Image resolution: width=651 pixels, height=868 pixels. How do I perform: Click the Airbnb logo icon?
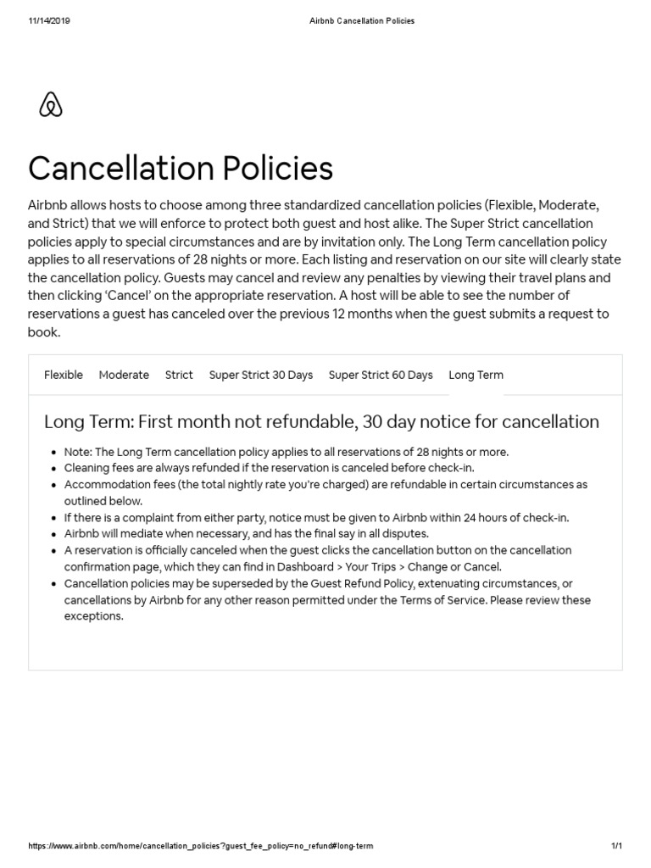(x=51, y=105)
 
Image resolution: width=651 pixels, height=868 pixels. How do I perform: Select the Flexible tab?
(x=64, y=375)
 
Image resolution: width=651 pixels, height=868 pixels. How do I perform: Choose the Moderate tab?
(x=124, y=375)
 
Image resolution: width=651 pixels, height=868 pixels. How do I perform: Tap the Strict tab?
(x=179, y=375)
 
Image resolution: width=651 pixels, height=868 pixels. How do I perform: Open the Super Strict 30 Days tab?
(x=261, y=375)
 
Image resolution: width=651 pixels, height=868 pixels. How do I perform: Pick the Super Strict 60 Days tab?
(x=381, y=375)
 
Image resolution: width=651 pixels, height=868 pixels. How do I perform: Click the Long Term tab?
(x=476, y=375)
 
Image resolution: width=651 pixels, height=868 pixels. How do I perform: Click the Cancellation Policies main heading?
(x=181, y=168)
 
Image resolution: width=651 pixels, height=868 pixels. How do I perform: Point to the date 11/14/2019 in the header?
(x=49, y=21)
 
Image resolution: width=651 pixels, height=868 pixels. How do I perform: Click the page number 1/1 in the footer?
(x=616, y=846)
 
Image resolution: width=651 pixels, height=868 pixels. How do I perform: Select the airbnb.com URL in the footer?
(x=200, y=846)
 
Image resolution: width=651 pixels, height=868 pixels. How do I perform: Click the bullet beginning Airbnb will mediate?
(x=246, y=534)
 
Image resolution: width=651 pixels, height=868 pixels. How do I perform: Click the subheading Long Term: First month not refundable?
(x=321, y=421)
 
